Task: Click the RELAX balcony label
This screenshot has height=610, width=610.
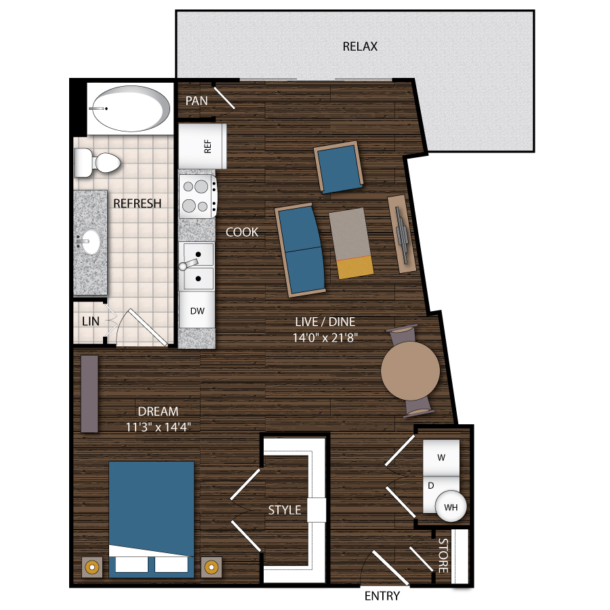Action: click(x=360, y=47)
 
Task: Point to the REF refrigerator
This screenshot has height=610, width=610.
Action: click(x=202, y=145)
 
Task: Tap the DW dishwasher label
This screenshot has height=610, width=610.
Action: click(x=197, y=311)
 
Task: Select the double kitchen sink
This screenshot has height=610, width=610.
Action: click(x=197, y=266)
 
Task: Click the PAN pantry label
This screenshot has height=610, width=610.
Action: click(x=197, y=100)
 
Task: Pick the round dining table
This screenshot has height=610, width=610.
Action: click(x=411, y=371)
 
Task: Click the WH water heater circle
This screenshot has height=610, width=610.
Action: click(x=450, y=506)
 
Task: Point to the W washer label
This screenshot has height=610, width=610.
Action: click(x=441, y=457)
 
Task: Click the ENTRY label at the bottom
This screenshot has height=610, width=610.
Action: click(x=382, y=596)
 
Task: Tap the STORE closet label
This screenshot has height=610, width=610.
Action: click(x=443, y=556)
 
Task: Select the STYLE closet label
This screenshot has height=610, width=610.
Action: click(x=285, y=510)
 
